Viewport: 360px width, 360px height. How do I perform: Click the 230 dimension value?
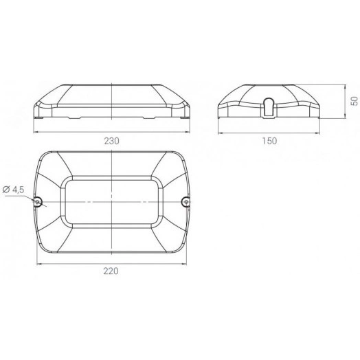coord(112,140)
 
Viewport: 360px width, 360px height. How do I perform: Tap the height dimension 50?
coord(355,100)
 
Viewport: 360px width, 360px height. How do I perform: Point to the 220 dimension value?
coord(112,271)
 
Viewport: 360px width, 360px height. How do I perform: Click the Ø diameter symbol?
coord(5,188)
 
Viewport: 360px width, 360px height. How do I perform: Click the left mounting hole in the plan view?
coord(38,201)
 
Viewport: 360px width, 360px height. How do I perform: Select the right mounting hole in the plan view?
coord(185,201)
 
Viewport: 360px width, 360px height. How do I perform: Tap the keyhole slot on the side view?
coord(269,105)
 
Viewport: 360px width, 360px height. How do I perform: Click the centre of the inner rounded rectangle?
coord(112,201)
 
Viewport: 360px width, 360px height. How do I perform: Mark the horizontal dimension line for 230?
coord(82,131)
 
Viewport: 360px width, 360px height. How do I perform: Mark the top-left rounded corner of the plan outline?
coord(43,155)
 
